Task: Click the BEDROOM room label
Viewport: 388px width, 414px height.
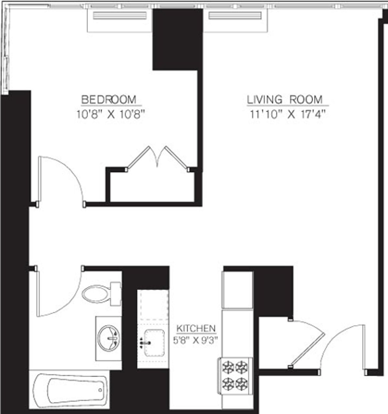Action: pos(109,99)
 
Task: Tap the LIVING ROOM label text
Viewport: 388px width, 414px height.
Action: pos(285,99)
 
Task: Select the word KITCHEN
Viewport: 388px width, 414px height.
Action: pos(196,329)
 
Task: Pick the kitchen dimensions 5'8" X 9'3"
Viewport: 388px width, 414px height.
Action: pos(196,340)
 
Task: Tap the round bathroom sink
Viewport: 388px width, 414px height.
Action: pos(109,338)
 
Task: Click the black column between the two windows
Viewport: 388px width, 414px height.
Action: pos(177,39)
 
